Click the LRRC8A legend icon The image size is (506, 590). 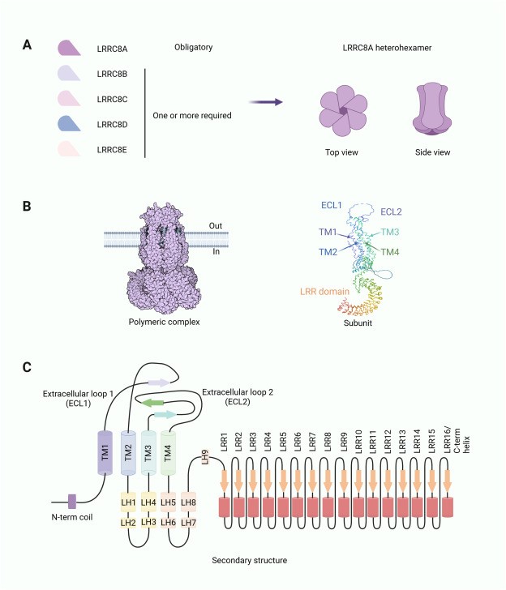point(69,49)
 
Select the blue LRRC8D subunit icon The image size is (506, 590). point(69,123)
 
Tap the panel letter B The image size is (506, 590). point(27,207)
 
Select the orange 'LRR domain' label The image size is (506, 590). point(324,289)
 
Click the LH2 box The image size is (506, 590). point(128,522)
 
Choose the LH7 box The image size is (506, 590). point(189,522)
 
